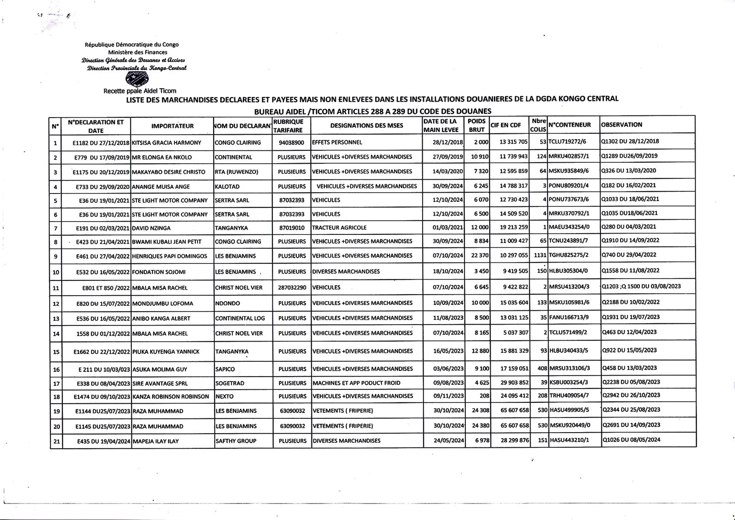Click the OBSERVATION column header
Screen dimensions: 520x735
[x=622, y=125]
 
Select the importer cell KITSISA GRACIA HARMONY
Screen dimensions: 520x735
[x=166, y=143]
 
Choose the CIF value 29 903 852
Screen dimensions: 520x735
[x=512, y=383]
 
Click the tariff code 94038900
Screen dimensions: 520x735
[x=291, y=143]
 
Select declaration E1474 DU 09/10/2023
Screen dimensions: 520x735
[x=102, y=396]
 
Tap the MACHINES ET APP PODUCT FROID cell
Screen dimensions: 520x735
[x=356, y=383]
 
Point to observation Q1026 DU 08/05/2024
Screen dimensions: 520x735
[x=631, y=440]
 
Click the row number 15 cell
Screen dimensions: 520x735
[x=56, y=352]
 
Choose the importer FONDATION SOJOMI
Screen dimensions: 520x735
[x=158, y=272]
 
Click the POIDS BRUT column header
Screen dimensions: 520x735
[x=476, y=125]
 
